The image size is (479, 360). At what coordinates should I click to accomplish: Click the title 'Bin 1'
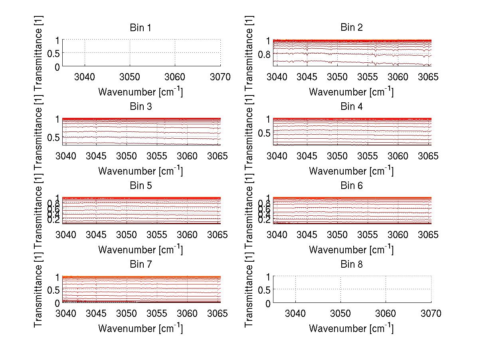click(x=141, y=28)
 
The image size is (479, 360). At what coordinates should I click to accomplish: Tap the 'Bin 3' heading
click(x=141, y=107)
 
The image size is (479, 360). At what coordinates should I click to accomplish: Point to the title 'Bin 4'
click(x=351, y=107)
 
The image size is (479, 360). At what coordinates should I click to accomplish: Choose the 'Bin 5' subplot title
click(x=141, y=186)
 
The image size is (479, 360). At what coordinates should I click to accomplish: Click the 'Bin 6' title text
click(x=351, y=186)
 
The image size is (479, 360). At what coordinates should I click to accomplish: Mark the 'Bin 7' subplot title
click(x=141, y=265)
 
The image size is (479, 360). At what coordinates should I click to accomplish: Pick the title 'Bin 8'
click(x=351, y=265)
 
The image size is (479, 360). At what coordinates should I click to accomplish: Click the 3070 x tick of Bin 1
click(x=220, y=77)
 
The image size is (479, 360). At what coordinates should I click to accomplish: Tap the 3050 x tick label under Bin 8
click(x=340, y=314)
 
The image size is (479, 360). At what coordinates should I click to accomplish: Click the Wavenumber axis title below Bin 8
click(x=351, y=328)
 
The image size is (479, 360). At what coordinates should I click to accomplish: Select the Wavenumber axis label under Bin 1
click(x=141, y=92)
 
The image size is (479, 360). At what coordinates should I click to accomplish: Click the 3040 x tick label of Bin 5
click(x=66, y=235)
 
